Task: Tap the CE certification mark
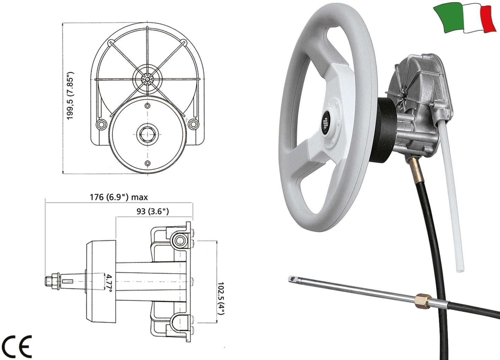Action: pyautogui.click(x=17, y=346)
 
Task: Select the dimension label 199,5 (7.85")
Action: pyautogui.click(x=71, y=96)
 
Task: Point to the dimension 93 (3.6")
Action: pyautogui.click(x=153, y=211)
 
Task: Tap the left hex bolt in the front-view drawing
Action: pyautogui.click(x=102, y=124)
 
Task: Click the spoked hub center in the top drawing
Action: pyautogui.click(x=148, y=79)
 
